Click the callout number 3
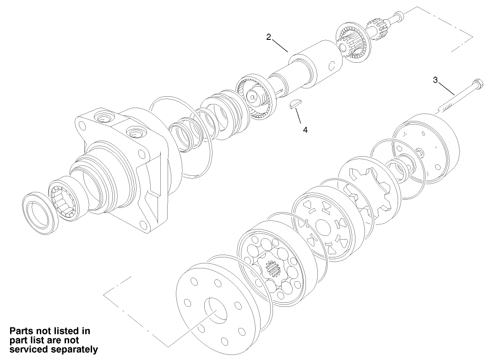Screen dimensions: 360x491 435,80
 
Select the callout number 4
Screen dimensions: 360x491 305,130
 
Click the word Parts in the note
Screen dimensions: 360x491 22,331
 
